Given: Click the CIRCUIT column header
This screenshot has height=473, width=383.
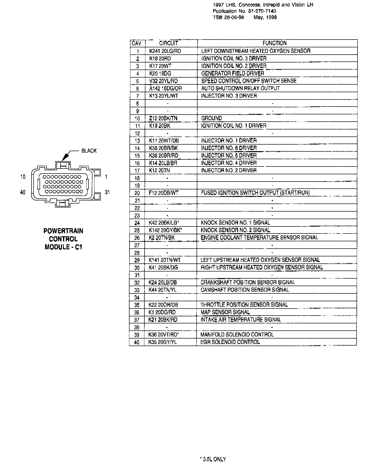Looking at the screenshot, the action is (x=169, y=43).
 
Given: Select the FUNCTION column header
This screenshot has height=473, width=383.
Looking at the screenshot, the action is (x=274, y=43).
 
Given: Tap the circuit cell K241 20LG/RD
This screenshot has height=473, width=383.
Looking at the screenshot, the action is (x=165, y=51).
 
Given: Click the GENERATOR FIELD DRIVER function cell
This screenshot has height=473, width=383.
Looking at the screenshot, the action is (x=233, y=74).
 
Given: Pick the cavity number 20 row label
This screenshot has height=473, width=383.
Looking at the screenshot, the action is (x=137, y=193).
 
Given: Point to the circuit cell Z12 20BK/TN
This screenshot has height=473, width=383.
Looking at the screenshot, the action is (x=163, y=118).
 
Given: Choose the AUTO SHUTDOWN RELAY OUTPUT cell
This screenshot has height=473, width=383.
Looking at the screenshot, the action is (x=240, y=88).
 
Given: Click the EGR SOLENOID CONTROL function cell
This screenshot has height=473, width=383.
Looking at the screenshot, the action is (x=230, y=342).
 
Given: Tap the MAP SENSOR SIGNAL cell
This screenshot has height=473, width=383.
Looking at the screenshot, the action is (x=225, y=312).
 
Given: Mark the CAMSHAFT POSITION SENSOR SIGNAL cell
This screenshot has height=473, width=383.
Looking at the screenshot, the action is (x=245, y=290).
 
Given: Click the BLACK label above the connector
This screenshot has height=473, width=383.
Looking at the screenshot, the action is (x=89, y=151).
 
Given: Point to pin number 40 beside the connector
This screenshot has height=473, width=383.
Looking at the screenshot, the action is (x=23, y=192).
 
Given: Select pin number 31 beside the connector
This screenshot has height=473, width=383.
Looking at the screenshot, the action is (x=107, y=192).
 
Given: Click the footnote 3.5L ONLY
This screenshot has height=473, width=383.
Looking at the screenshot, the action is (x=213, y=459).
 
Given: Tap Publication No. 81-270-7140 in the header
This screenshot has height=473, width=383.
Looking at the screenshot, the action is (x=244, y=11).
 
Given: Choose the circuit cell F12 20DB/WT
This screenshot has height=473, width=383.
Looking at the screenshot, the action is (x=164, y=193).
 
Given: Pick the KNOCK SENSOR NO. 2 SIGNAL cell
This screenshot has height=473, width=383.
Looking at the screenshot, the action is (x=235, y=230).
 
